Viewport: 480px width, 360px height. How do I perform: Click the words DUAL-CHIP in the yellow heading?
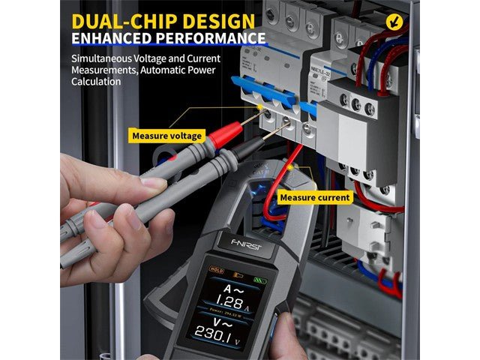coord(124,20)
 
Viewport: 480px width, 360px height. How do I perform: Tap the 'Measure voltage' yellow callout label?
coord(166,136)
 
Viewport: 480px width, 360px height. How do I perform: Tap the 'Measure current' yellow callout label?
coord(315,197)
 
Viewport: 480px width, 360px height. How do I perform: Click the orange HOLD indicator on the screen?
coord(217,270)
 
